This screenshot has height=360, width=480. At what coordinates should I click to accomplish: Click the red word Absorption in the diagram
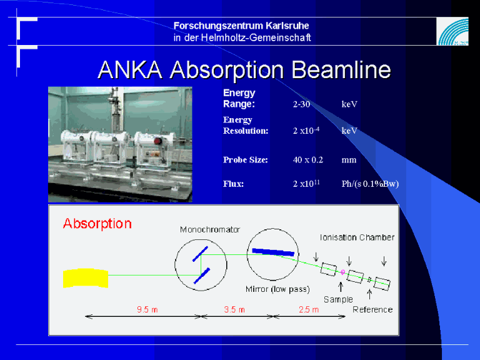tap(97, 224)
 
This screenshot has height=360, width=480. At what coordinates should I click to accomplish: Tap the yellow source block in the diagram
tap(86, 278)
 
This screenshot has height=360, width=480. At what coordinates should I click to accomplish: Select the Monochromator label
tap(210, 229)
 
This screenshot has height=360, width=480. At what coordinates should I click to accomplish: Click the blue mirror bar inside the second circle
tap(273, 252)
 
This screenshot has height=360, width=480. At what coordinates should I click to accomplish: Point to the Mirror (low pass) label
tap(277, 289)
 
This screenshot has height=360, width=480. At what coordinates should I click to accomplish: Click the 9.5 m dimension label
tap(147, 309)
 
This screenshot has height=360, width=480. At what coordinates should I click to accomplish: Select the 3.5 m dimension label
tap(234, 309)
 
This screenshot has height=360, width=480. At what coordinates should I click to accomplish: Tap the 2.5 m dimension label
tap(309, 309)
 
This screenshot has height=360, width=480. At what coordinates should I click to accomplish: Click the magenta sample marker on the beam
tap(343, 271)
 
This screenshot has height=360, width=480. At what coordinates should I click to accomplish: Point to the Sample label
tap(338, 299)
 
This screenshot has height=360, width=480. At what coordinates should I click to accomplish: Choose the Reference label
tap(372, 309)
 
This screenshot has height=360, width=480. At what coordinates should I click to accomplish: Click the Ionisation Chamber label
tap(357, 237)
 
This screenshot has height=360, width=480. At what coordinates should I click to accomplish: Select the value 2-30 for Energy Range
tap(301, 104)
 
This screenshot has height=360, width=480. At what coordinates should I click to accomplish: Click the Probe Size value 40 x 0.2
tap(308, 159)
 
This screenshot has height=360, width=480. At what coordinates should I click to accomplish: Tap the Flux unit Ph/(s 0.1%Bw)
tap(370, 184)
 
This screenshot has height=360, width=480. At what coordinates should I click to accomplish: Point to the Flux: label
tap(233, 184)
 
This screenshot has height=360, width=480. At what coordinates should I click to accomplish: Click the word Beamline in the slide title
tap(341, 70)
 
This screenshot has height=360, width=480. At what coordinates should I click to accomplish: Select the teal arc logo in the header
tap(452, 31)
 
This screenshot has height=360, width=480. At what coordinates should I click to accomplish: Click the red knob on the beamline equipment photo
tap(157, 141)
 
